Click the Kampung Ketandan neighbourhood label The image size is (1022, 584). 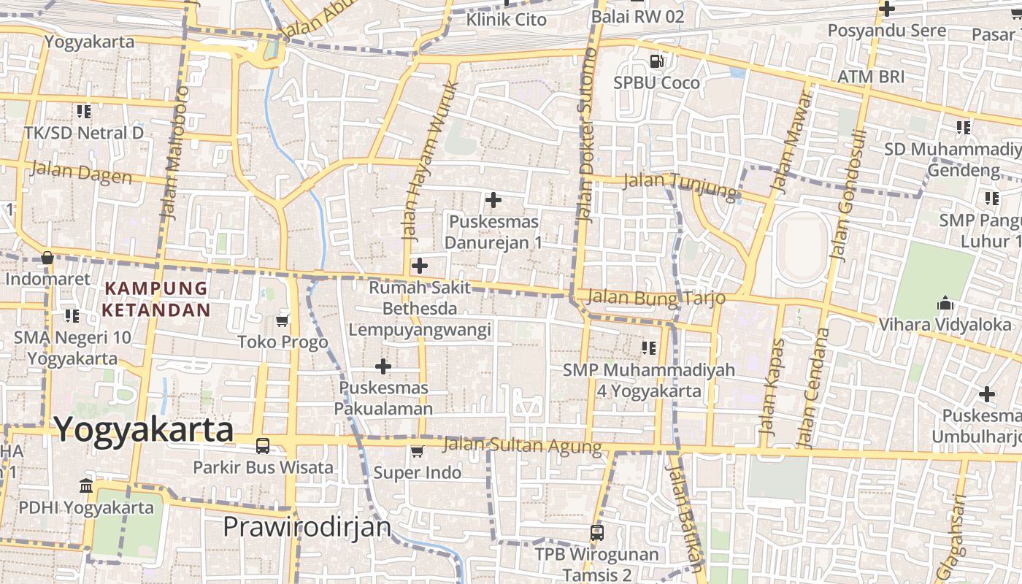(x=155, y=299)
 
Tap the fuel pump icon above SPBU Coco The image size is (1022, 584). (x=657, y=61)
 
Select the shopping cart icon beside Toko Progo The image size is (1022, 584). (x=283, y=320)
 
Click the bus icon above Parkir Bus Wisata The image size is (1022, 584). (x=263, y=445)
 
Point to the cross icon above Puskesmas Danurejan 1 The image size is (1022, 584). (x=493, y=199)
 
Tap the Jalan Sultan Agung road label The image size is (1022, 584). (x=523, y=445)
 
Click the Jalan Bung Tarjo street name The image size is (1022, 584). (x=656, y=297)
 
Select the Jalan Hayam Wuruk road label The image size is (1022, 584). (x=430, y=161)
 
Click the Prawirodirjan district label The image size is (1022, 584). (x=307, y=526)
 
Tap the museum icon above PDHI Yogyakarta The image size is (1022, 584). (x=86, y=485)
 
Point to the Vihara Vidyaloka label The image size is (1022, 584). (x=945, y=324)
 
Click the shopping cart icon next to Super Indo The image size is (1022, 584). (x=417, y=451)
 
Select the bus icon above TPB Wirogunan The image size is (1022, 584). (x=596, y=533)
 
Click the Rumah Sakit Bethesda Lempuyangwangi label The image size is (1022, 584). (x=419, y=308)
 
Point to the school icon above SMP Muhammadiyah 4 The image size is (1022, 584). (x=648, y=348)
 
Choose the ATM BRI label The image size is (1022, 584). (x=871, y=77)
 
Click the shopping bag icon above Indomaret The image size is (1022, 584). (x=47, y=258)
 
